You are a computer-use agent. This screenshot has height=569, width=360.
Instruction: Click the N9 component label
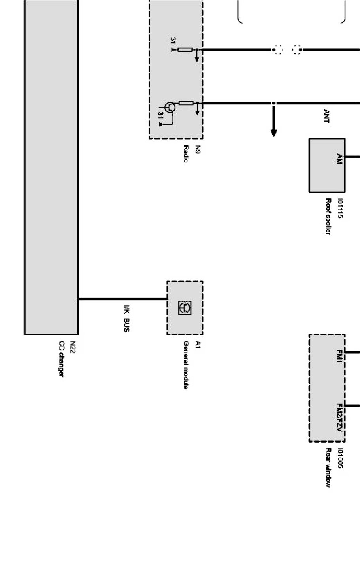click(198, 149)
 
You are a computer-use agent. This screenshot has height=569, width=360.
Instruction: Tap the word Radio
click(186, 154)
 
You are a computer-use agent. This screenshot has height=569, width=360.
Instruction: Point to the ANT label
click(326, 116)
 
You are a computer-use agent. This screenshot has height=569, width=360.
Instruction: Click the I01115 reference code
click(339, 208)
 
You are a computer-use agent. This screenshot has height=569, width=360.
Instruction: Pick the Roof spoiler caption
click(328, 216)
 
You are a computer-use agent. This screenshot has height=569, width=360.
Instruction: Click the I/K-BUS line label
click(126, 318)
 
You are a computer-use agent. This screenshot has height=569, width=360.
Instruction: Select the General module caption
click(186, 365)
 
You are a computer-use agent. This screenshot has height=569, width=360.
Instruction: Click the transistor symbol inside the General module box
click(185, 307)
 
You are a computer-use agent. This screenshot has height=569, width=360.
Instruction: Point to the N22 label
click(73, 347)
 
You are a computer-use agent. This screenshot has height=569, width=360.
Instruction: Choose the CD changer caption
click(61, 358)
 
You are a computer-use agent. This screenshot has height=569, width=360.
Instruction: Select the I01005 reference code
click(339, 458)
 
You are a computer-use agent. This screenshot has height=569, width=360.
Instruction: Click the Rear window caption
click(328, 467)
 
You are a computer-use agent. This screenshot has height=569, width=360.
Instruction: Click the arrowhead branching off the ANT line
click(274, 133)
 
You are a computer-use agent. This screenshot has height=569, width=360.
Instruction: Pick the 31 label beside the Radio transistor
click(160, 115)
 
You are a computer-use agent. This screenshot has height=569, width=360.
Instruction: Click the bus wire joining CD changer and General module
click(123, 299)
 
